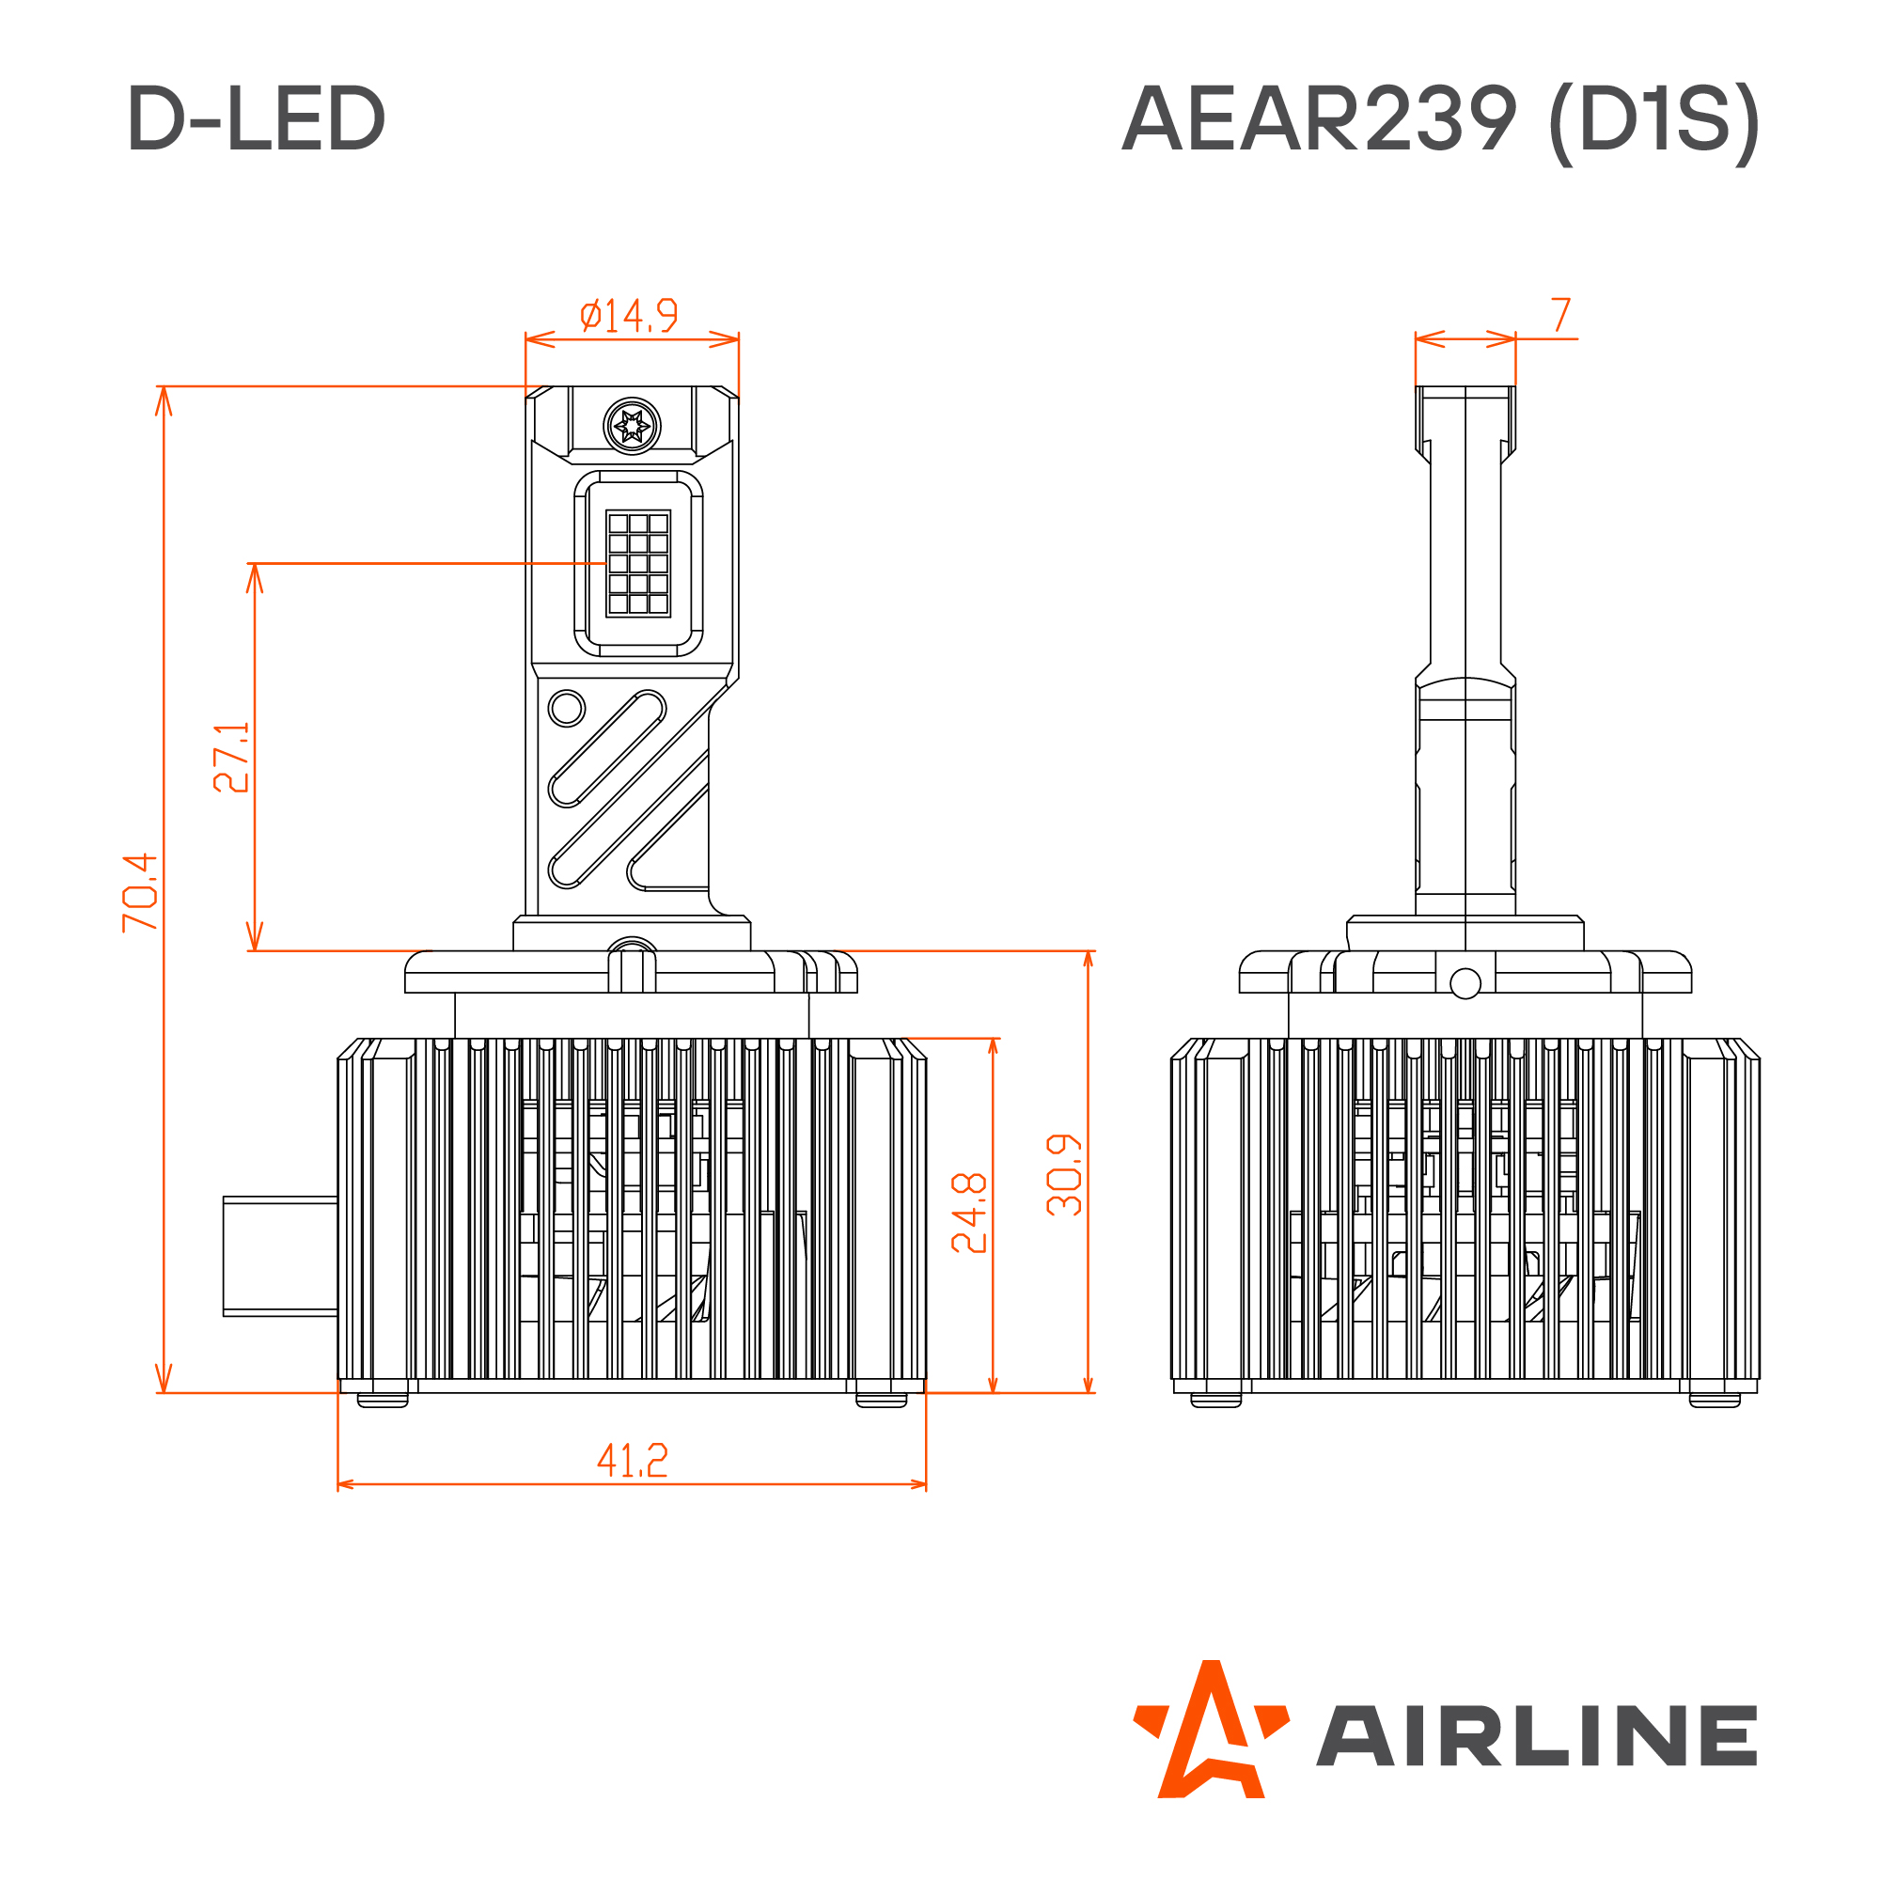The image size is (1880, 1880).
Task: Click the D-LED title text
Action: click(256, 118)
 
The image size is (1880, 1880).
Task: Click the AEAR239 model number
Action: click(1319, 118)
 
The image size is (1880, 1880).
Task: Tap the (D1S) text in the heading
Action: click(1653, 120)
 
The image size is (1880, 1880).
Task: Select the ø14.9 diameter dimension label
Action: click(629, 315)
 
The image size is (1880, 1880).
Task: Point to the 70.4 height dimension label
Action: click(140, 892)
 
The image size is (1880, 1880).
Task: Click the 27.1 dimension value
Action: click(231, 757)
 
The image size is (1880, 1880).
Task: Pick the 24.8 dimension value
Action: click(969, 1213)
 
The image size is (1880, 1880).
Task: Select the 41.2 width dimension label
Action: click(632, 1460)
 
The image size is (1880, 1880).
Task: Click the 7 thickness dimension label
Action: click(1560, 315)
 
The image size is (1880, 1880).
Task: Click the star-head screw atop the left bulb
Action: click(633, 425)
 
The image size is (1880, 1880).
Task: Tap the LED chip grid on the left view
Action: click(638, 563)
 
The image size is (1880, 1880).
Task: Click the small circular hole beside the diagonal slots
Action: click(566, 708)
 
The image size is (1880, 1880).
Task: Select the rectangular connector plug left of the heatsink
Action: click(280, 1256)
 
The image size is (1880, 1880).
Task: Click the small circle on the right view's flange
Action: click(1465, 984)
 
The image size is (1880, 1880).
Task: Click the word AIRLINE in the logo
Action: click(1537, 1735)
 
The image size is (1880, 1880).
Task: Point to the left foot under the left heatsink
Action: click(383, 1401)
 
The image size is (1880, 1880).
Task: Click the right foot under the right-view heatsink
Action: click(1715, 1401)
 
